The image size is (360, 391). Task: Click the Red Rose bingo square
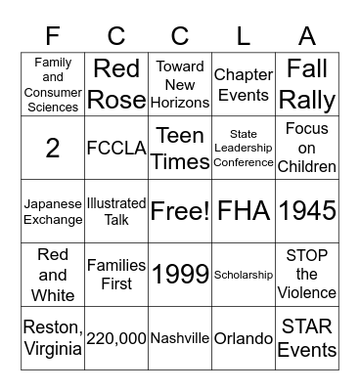coord(116,84)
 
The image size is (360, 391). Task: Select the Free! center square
coord(180,211)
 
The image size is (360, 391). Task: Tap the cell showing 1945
coord(307,211)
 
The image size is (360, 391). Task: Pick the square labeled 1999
coord(180,275)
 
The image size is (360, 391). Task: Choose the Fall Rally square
coord(307,84)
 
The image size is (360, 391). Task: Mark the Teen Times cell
coord(180,148)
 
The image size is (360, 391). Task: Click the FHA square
coord(244,211)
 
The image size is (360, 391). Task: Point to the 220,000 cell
coord(116,338)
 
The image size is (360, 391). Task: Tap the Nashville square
coord(180,338)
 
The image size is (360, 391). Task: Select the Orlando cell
coord(244,338)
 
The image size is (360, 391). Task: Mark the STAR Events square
coord(307,338)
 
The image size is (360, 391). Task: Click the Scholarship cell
coord(244,275)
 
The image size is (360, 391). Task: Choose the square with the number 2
coord(53,148)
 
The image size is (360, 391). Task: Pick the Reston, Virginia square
coord(53,338)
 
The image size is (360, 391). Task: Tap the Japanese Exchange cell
coord(53,211)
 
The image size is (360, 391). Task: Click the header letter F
coord(53,36)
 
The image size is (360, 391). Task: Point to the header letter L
coord(244,36)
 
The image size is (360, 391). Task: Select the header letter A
coord(307,36)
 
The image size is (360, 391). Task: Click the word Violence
coord(307,292)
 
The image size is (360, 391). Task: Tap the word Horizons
coord(180,102)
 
